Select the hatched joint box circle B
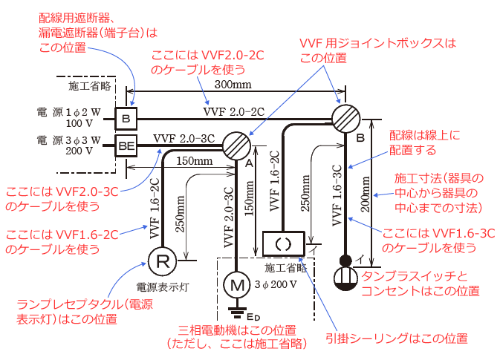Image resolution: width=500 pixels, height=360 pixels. tap(345, 119)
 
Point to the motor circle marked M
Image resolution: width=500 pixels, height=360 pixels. tap(236, 284)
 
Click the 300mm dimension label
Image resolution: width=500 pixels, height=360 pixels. tap(227, 87)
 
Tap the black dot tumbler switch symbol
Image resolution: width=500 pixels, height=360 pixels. tap(345, 261)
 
